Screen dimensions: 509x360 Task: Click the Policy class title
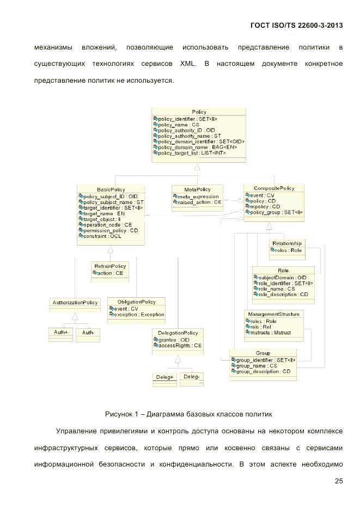click(199, 112)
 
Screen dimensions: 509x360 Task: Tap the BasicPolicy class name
click(111, 189)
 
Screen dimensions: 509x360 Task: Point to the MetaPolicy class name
click(197, 189)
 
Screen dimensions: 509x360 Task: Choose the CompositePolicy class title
click(274, 188)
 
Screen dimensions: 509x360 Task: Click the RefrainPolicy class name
click(110, 266)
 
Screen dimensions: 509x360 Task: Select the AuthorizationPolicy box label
click(75, 302)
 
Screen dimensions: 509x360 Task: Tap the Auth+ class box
click(60, 333)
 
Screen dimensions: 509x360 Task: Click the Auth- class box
click(88, 333)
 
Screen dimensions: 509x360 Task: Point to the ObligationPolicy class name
click(136, 302)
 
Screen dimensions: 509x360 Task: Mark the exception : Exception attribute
click(139, 315)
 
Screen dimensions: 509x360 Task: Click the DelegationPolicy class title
click(178, 333)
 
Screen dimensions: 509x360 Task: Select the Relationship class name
click(286, 243)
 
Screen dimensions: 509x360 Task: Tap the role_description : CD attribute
click(283, 295)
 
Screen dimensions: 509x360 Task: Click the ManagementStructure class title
click(273, 314)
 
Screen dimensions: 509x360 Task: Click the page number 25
click(338, 481)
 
